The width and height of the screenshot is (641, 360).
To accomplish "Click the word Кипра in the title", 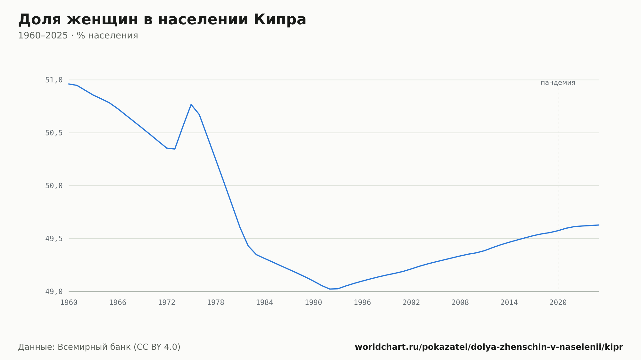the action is (280, 20).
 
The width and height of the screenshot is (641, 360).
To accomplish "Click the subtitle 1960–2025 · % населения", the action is (78, 36).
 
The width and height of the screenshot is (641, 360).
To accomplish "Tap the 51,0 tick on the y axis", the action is (54, 80).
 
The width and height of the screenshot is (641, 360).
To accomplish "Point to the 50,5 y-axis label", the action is (54, 133).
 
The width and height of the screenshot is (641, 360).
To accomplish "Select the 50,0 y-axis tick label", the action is (54, 186).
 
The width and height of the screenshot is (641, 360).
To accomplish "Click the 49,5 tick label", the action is (54, 239).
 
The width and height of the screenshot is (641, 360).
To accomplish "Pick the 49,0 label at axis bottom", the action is (54, 292).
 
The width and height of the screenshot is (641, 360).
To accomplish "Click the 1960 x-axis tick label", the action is (69, 303).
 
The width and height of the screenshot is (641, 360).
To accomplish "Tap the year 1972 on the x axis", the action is (167, 303).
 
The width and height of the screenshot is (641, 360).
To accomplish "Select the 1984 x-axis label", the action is (264, 303).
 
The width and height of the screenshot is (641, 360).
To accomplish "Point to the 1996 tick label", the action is (362, 303).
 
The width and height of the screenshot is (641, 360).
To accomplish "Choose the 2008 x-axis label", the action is (460, 303).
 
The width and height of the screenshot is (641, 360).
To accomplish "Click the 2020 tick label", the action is (558, 303).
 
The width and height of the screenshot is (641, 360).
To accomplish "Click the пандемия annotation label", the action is (558, 83).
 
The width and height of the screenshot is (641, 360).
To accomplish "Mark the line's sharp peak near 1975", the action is (191, 104).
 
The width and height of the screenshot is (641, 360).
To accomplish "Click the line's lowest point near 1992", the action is (330, 289).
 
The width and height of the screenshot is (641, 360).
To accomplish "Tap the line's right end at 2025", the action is (599, 225).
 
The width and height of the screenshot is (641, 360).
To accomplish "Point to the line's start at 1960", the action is (69, 84).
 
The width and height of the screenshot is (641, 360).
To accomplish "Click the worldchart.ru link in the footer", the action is (489, 347).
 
